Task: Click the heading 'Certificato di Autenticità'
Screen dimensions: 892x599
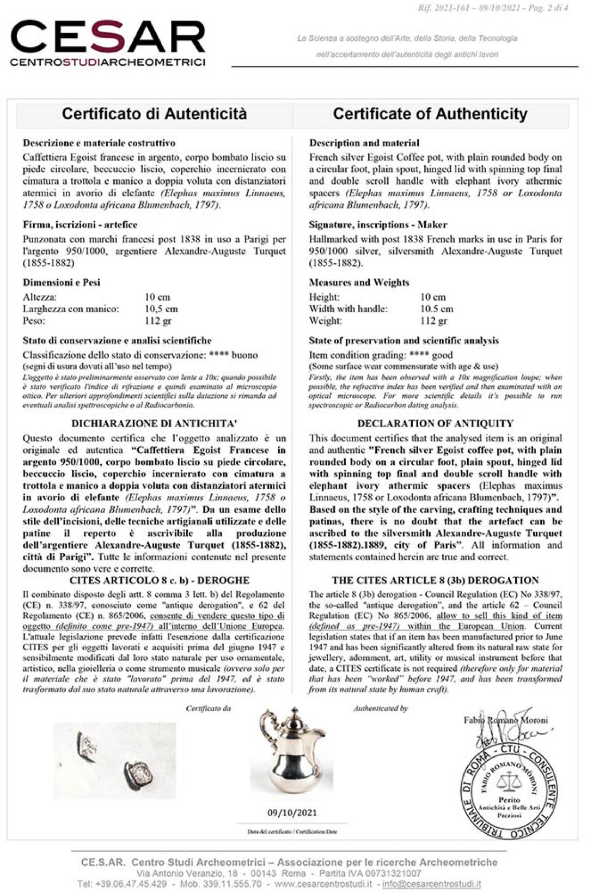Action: (x=154, y=113)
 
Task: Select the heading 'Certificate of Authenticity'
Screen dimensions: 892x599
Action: (x=430, y=113)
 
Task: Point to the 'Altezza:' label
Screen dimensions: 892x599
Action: (x=40, y=297)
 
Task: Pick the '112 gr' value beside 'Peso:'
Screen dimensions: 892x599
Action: (x=158, y=321)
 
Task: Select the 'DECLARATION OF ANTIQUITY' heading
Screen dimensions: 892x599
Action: (x=435, y=423)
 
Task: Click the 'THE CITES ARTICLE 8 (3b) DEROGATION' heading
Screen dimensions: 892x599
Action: (x=435, y=580)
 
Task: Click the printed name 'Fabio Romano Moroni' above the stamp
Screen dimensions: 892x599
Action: (x=506, y=720)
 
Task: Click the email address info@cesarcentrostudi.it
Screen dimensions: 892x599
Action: (x=431, y=884)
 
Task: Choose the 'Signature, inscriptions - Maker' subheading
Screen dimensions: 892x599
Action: (x=377, y=224)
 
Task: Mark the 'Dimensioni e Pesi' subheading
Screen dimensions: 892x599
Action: (x=62, y=282)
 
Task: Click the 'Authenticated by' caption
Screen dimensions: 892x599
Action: (x=380, y=708)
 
